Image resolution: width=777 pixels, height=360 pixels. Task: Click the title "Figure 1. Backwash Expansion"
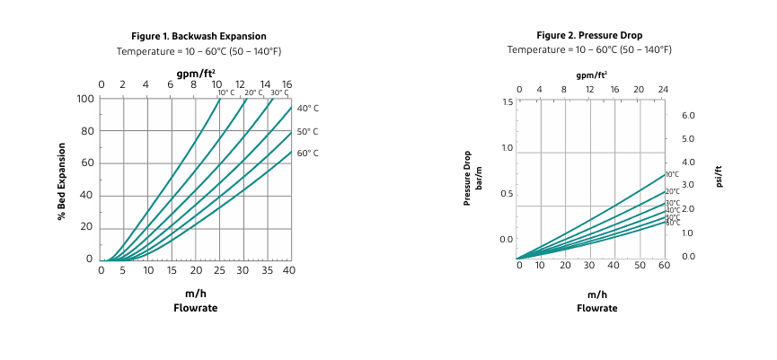[x=199, y=36]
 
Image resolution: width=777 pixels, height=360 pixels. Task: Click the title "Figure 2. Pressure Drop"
[x=589, y=36]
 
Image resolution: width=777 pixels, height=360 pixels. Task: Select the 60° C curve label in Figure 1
[x=307, y=154]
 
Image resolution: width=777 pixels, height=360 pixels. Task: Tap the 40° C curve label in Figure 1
[x=307, y=109]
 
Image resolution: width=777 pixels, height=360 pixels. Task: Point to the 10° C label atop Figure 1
[x=226, y=92]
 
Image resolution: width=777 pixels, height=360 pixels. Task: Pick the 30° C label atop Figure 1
[x=279, y=92]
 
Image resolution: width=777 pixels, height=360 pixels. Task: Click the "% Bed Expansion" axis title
[x=62, y=180]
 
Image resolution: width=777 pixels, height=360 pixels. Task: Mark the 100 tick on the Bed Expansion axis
[x=85, y=99]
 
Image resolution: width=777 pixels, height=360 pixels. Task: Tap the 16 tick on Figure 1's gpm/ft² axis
[x=287, y=84]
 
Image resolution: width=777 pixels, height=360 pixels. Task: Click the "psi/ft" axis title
[x=719, y=176]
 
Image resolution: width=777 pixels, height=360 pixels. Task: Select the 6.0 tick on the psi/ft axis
[x=689, y=116]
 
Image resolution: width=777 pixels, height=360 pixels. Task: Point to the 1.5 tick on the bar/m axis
[x=508, y=102]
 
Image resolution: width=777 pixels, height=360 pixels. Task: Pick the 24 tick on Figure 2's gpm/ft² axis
[x=664, y=90]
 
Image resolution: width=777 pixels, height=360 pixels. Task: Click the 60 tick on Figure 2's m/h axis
[x=664, y=267]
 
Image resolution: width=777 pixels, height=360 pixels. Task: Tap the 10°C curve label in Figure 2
[x=672, y=174]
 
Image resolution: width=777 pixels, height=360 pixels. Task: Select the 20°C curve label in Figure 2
[x=672, y=191]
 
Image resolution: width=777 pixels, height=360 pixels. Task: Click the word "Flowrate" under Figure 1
[x=195, y=308]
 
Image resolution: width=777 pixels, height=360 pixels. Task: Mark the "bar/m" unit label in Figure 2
[x=479, y=176]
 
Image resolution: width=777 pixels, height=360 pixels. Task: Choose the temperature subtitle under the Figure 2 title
[x=589, y=50]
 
